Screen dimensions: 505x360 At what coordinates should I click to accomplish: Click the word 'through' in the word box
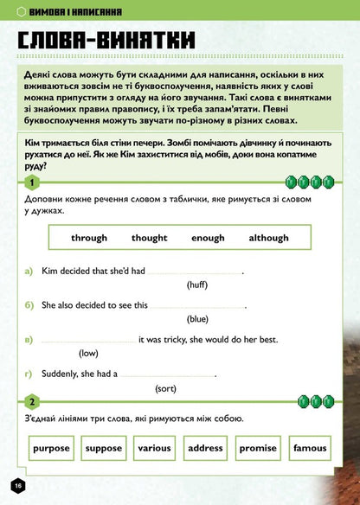coord(89,238)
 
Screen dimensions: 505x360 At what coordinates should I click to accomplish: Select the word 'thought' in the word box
coord(150,238)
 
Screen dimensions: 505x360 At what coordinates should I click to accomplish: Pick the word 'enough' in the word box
coord(208,238)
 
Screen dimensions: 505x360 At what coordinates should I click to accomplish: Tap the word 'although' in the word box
coord(268,238)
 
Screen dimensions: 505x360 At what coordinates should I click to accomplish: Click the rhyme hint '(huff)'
coord(197,284)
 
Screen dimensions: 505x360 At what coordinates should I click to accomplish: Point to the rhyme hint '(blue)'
coord(197,319)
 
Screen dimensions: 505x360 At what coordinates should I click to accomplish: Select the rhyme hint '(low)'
coord(88,353)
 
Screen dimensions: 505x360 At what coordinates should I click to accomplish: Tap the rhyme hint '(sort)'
coord(166,388)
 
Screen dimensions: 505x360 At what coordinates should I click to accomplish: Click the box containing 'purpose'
coord(52,448)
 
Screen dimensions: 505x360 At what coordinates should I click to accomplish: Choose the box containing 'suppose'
coord(104,448)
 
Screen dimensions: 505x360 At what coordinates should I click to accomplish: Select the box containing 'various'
coord(154,448)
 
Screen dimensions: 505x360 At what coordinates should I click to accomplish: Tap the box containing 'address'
coord(205,448)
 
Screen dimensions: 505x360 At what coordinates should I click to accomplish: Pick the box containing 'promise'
coord(258,448)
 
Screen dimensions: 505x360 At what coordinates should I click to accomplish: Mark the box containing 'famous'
coord(310,448)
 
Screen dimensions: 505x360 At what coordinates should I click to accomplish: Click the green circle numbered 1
coord(32,183)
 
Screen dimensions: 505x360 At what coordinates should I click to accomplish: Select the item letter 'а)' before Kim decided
coord(30,271)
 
